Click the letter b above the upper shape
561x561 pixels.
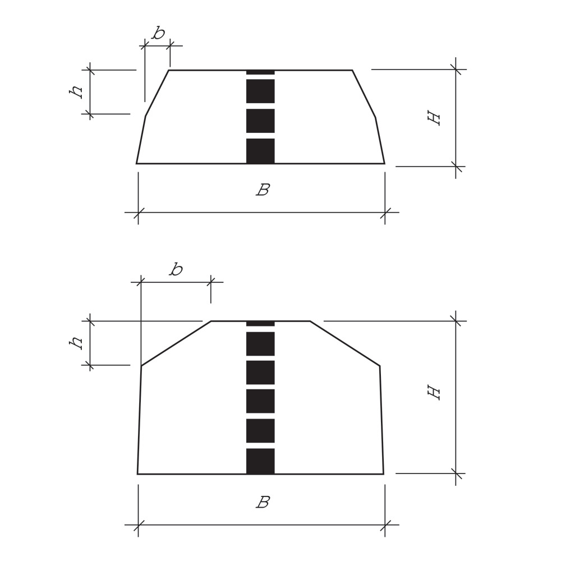(158, 33)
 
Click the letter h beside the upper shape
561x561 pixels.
(76, 92)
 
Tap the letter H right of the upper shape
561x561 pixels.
(434, 118)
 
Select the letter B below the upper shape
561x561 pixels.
(263, 190)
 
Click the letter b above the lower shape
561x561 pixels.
(176, 269)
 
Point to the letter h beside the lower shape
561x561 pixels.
(76, 343)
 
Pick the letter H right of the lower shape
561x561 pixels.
(434, 393)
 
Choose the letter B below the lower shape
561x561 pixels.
(263, 502)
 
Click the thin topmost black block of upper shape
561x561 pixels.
(260, 72)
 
